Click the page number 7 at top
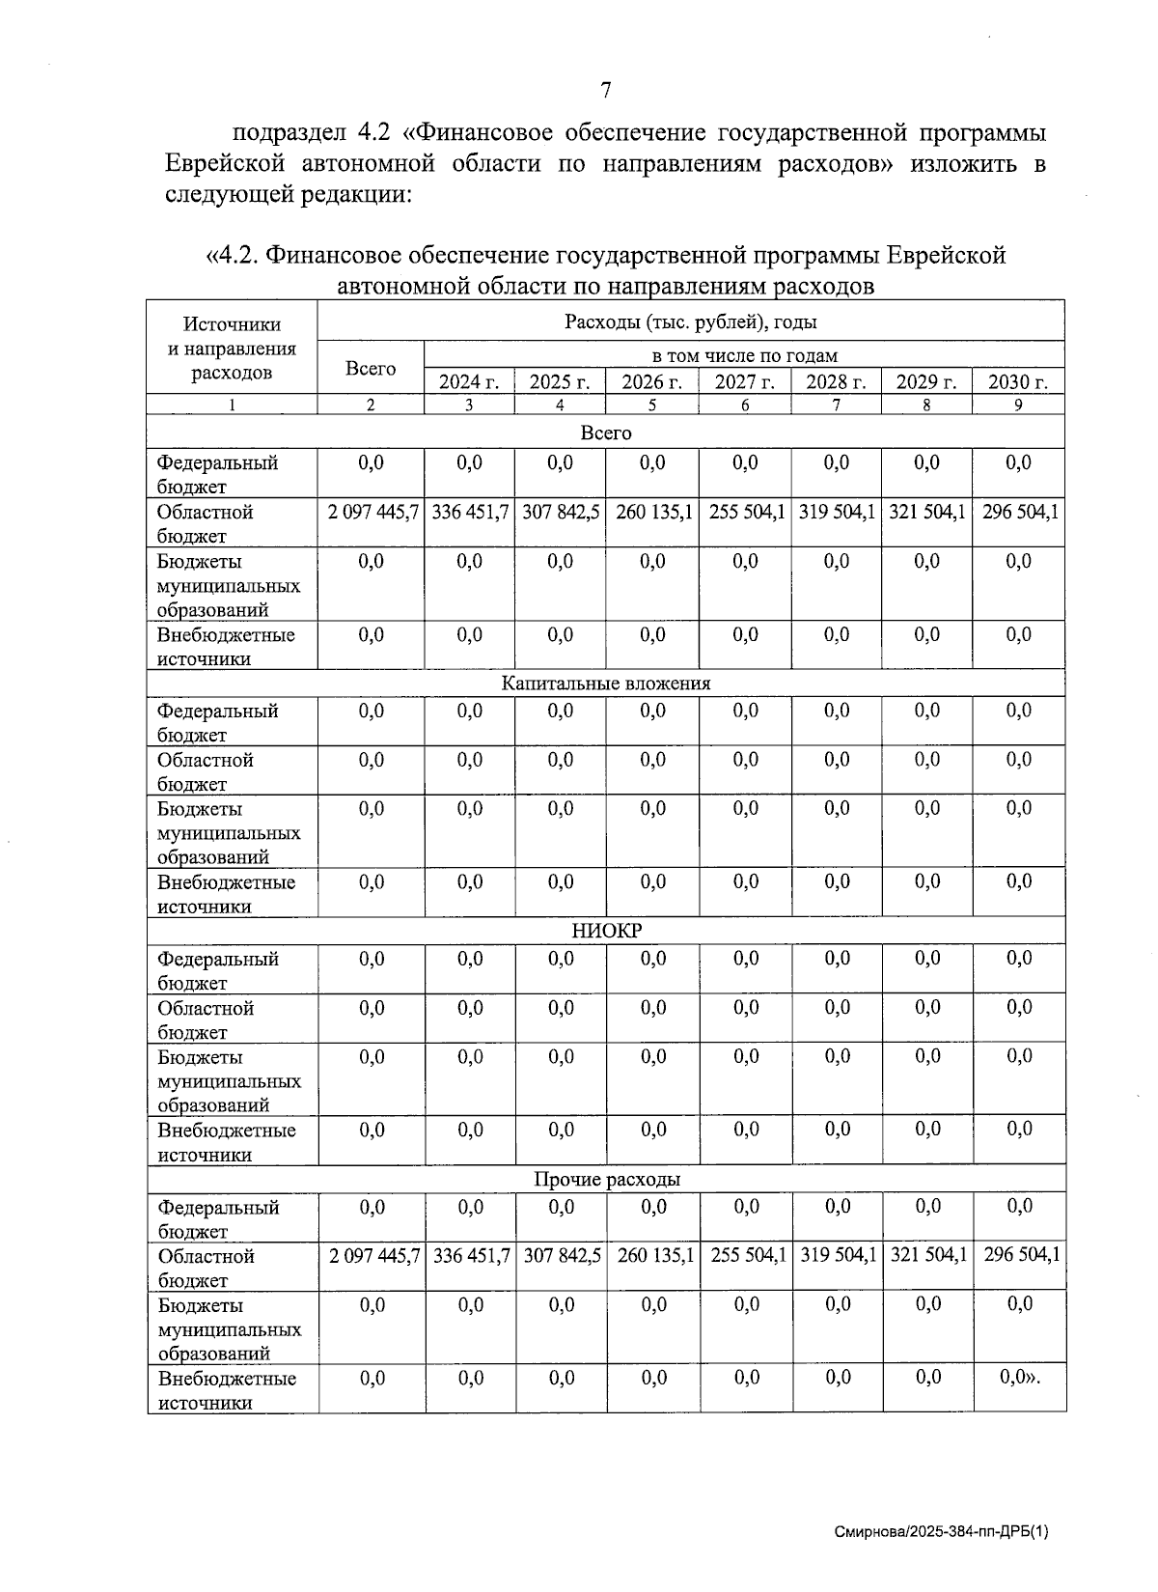[x=605, y=91]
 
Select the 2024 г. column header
[x=468, y=381]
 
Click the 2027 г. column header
[x=744, y=381]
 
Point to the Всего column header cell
[x=371, y=368]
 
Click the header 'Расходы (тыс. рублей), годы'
[x=690, y=321]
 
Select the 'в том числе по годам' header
[x=744, y=355]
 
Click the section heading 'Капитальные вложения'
[x=605, y=684]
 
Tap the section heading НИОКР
[x=606, y=931]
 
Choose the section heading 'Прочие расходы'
[x=606, y=1179]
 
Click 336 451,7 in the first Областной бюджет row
[x=469, y=512]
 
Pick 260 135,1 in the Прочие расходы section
[x=654, y=1255]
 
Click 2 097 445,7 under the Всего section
[x=372, y=512]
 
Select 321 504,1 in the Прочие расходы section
[x=927, y=1255]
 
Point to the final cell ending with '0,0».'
[x=1020, y=1378]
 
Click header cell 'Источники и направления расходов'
[x=232, y=349]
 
